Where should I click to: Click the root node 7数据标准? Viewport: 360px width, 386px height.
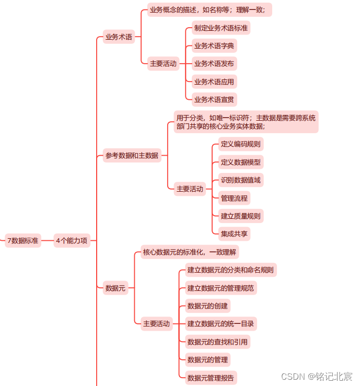click(22, 241)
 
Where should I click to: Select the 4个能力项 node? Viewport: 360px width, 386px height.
click(72, 241)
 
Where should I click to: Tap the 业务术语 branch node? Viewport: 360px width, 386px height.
click(119, 37)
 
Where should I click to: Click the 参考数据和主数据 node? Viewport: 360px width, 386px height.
click(132, 155)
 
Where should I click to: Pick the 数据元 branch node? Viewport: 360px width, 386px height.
click(115, 287)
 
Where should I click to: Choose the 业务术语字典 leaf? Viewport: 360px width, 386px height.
click(214, 46)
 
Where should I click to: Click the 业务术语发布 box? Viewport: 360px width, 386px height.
click(214, 64)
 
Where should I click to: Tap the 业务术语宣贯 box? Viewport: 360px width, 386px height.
click(214, 99)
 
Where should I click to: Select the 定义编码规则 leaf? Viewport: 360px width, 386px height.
click(240, 144)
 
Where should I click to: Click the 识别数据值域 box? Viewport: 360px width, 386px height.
click(240, 180)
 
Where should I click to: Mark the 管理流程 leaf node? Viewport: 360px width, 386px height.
click(234, 198)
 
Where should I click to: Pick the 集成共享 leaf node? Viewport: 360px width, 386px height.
click(234, 233)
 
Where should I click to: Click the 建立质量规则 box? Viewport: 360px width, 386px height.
click(240, 216)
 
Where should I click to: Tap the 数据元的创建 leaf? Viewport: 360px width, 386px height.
click(207, 306)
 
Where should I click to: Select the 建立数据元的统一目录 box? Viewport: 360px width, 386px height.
click(220, 324)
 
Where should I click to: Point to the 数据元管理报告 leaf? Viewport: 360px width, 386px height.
click(211, 377)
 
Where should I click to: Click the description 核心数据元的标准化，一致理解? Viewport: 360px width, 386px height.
click(190, 252)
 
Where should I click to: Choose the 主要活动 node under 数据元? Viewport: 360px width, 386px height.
click(157, 324)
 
